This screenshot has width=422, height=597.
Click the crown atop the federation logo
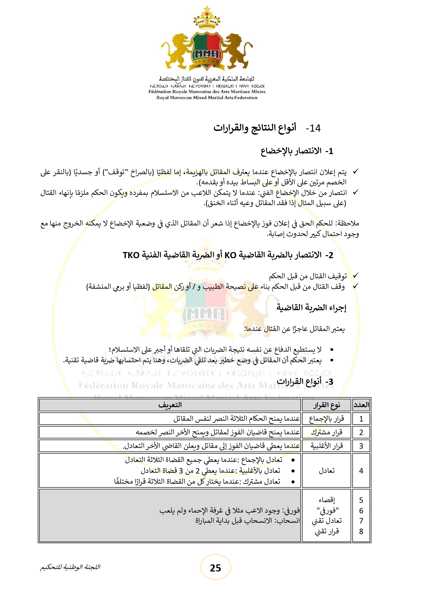pyautogui.click(x=206, y=19)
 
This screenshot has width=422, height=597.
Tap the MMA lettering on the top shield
pyautogui.click(x=207, y=54)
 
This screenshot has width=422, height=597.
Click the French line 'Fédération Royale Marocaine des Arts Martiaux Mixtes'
pyautogui.click(x=207, y=92)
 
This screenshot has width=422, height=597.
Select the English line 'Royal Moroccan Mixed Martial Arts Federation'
pyautogui.click(x=207, y=98)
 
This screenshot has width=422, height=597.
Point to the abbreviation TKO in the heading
pyautogui.click(x=131, y=255)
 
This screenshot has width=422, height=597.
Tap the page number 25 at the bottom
pyautogui.click(x=215, y=568)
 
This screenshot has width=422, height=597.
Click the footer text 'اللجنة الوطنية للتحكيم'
pyautogui.click(x=70, y=567)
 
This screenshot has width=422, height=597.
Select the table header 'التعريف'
pyautogui.click(x=170, y=405)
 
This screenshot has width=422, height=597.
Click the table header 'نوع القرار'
pyautogui.click(x=326, y=405)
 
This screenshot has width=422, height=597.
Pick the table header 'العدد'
pyautogui.click(x=361, y=405)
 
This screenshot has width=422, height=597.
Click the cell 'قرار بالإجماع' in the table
pyautogui.click(x=326, y=419)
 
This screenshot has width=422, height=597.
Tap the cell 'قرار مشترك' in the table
pyautogui.click(x=326, y=432)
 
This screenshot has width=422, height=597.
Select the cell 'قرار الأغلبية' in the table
pyautogui.click(x=326, y=446)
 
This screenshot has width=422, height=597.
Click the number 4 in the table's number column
pyautogui.click(x=361, y=471)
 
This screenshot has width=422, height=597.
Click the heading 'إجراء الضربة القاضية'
pyautogui.click(x=311, y=308)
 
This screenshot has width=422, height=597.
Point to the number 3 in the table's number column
pyautogui.click(x=361, y=446)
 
